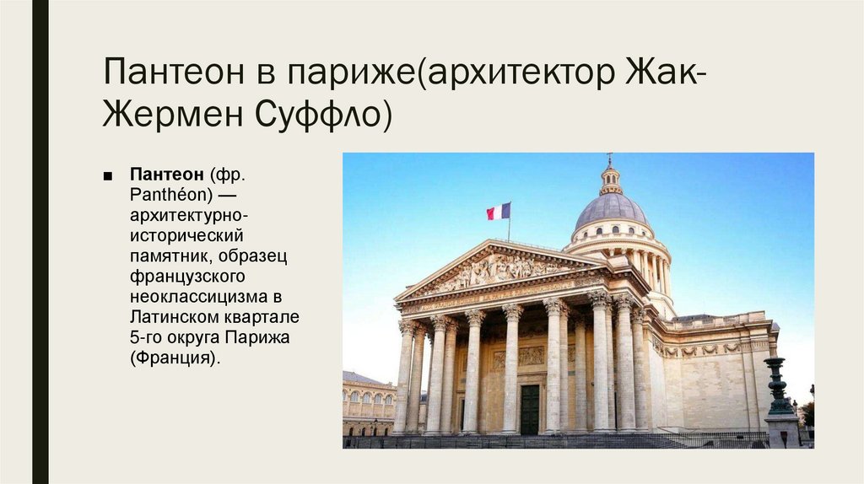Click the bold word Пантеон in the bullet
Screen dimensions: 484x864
[166, 174]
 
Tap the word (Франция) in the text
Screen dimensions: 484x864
[174, 357]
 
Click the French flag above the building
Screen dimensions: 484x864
[499, 211]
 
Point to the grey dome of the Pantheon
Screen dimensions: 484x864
[611, 208]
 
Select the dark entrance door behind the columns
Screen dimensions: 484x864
[529, 409]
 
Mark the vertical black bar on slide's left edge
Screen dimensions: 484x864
[40, 242]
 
